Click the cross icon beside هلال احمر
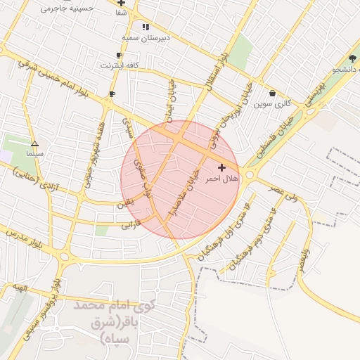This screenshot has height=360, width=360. click(x=222, y=167)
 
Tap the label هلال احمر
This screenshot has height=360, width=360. click(x=222, y=179)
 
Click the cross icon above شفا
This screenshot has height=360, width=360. click(x=121, y=3)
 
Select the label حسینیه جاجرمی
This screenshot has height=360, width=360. click(x=66, y=8)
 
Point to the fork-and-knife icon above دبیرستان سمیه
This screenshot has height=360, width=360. click(x=146, y=27)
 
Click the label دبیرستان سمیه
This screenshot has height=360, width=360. click(x=146, y=37)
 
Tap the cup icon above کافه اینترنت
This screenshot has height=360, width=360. click(x=119, y=56)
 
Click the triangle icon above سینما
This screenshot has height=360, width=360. click(x=34, y=143)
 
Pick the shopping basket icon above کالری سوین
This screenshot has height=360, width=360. click(x=272, y=93)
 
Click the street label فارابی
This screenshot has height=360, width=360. click(x=131, y=225)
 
